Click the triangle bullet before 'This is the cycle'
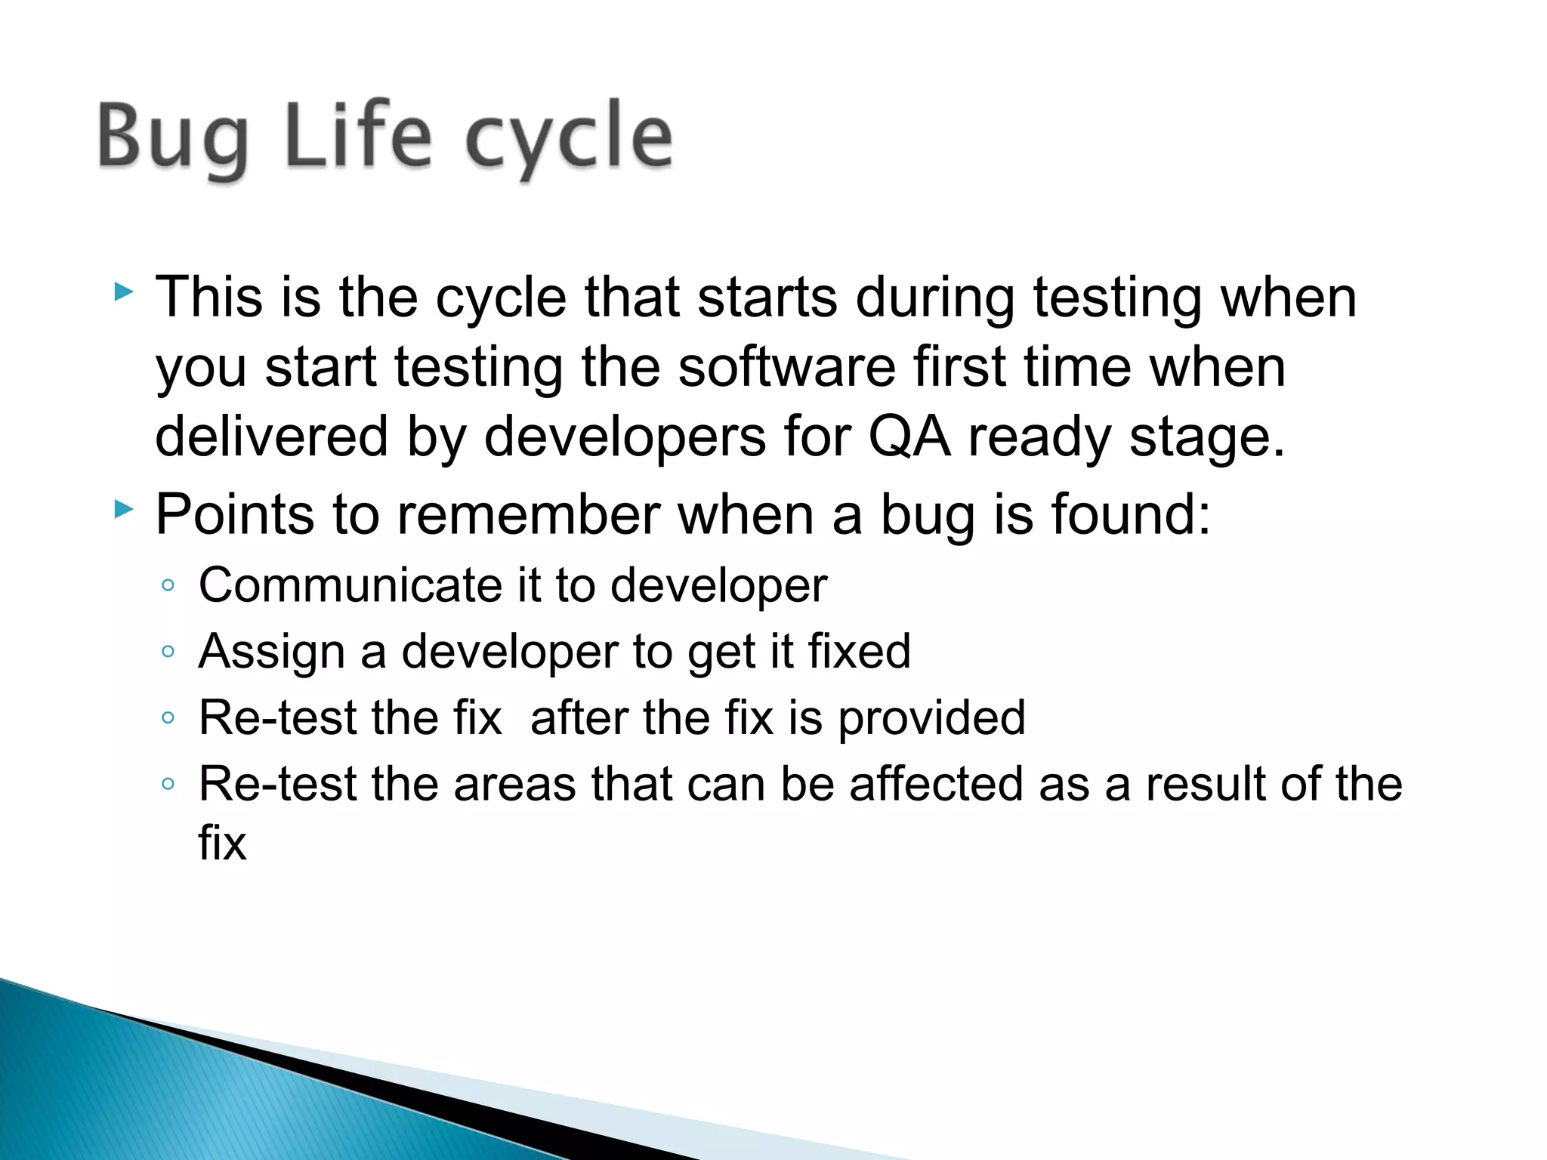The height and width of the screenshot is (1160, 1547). [x=124, y=292]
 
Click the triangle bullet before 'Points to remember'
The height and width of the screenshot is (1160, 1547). [x=124, y=509]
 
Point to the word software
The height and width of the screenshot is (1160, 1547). [x=786, y=368]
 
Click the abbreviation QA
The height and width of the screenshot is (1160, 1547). [x=909, y=437]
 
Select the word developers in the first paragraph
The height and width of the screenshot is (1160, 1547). [x=624, y=437]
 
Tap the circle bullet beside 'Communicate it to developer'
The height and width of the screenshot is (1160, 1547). [x=168, y=585]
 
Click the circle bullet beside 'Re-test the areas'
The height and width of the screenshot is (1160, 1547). [x=168, y=784]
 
